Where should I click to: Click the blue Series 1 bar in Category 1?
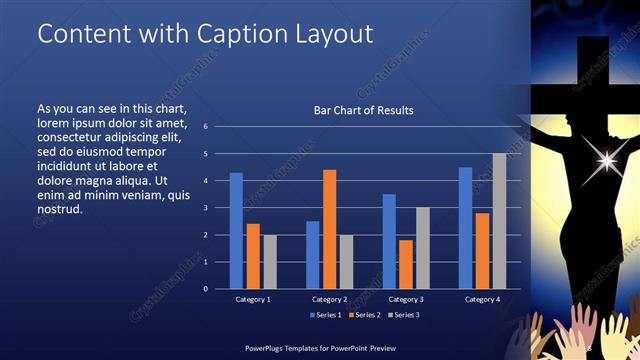click(x=236, y=231)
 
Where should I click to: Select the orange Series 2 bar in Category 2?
click(x=329, y=229)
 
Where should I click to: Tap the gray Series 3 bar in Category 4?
click(x=499, y=221)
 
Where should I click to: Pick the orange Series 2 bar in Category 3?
click(x=406, y=264)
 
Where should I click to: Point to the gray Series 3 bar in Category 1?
click(x=269, y=262)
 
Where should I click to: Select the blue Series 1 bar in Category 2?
click(x=313, y=255)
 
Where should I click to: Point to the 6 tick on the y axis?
click(x=205, y=127)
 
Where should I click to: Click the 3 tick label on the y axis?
click(x=205, y=208)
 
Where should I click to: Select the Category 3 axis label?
click(x=405, y=299)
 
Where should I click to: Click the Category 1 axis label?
click(x=252, y=299)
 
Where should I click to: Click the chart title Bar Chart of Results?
click(x=363, y=110)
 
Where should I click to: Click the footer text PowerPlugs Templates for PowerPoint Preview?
click(x=315, y=346)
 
